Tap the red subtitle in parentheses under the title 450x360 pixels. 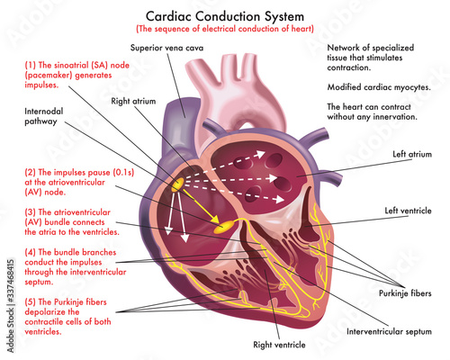click(x=224, y=29)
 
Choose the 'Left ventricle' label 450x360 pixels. click(x=407, y=211)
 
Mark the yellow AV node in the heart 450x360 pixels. click(x=229, y=221)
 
